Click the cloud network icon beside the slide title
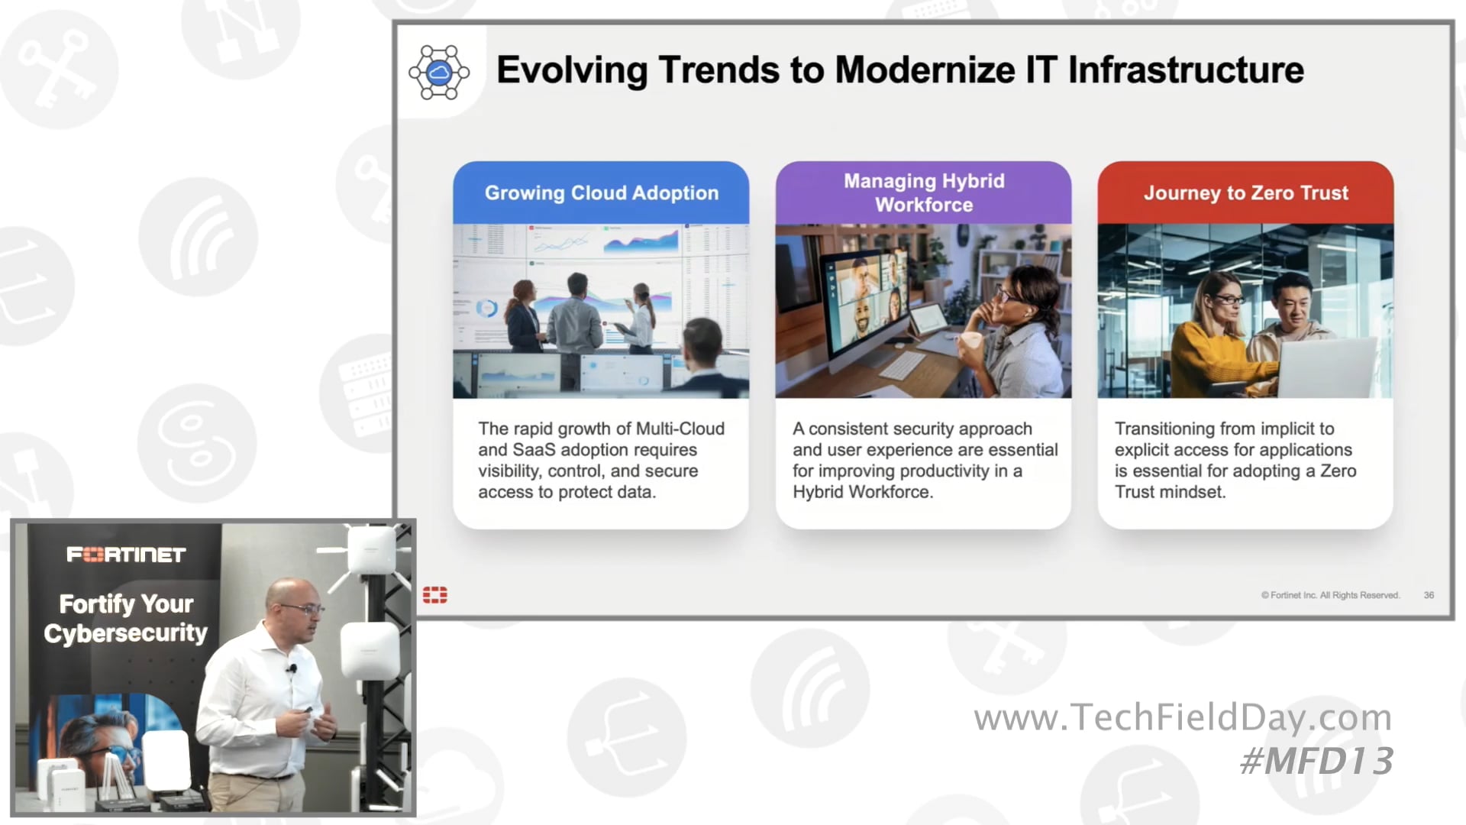tap(439, 73)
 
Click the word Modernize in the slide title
tap(925, 70)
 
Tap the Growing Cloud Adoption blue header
tap(601, 192)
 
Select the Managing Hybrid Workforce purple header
tap(923, 192)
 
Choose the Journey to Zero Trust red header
tap(1245, 192)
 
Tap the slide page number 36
tap(1429, 595)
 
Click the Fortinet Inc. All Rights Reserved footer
tap(1330, 595)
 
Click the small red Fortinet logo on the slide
tap(435, 595)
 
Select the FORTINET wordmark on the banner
tap(126, 555)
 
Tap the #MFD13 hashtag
tap(1316, 761)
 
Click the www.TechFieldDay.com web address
tap(1182, 717)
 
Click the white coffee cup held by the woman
tap(970, 341)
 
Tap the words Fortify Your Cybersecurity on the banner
tap(126, 618)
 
